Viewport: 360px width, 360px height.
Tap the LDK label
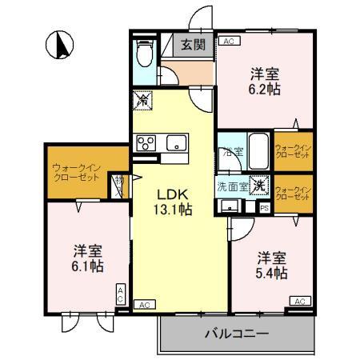172,194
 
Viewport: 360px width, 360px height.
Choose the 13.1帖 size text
172,210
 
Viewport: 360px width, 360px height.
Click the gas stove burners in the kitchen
147,143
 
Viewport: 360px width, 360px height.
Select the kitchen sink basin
174,143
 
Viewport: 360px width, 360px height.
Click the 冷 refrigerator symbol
142,101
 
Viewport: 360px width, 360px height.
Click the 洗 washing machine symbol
258,185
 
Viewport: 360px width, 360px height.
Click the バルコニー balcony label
236,332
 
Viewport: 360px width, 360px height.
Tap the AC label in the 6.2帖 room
228,41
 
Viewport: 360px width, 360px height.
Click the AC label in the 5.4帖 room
299,301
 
